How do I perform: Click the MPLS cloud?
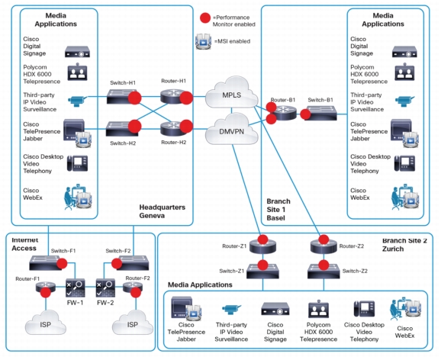[232, 93]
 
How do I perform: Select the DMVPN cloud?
[232, 130]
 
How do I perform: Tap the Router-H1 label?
[173, 81]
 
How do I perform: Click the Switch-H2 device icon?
[121, 129]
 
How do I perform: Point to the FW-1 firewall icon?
[75, 288]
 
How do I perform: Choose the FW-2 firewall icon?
[105, 288]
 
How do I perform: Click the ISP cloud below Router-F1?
[45, 323]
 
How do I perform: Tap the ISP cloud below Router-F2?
[133, 323]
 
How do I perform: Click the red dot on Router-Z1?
[262, 239]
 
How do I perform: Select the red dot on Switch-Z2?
[324, 265]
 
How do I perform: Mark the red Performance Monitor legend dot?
[205, 18]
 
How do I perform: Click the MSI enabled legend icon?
[203, 41]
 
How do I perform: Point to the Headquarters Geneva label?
[163, 211]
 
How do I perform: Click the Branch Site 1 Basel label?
[278, 210]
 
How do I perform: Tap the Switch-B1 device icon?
[321, 113]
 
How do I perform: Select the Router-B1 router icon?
[285, 113]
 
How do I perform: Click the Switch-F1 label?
[63, 251]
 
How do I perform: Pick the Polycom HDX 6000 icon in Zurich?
[318, 309]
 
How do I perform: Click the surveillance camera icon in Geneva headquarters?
[78, 101]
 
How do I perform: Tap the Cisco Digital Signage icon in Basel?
[404, 52]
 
